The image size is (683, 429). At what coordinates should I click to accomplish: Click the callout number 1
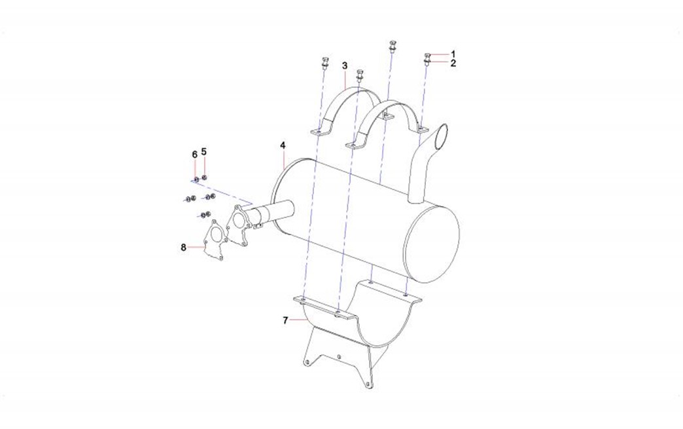(x=453, y=54)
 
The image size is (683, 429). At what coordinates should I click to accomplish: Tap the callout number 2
(x=453, y=64)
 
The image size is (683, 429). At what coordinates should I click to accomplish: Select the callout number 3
(x=345, y=65)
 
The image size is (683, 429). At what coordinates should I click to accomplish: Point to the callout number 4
(x=283, y=145)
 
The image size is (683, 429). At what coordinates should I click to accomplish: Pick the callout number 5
(x=204, y=152)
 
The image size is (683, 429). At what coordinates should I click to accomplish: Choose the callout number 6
(x=195, y=155)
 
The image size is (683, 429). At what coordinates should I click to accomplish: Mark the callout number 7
(x=285, y=320)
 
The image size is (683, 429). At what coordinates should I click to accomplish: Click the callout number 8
(x=183, y=247)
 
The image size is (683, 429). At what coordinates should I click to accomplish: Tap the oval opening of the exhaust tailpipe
(x=441, y=137)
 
